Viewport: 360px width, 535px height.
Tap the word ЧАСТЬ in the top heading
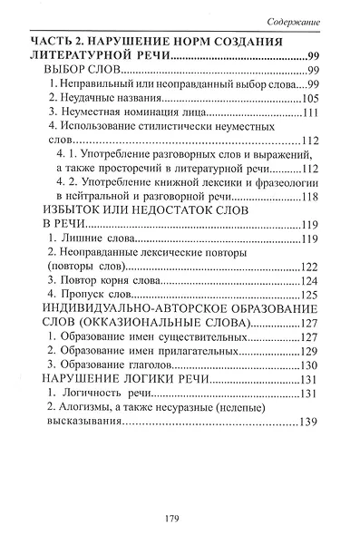pos(52,43)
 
